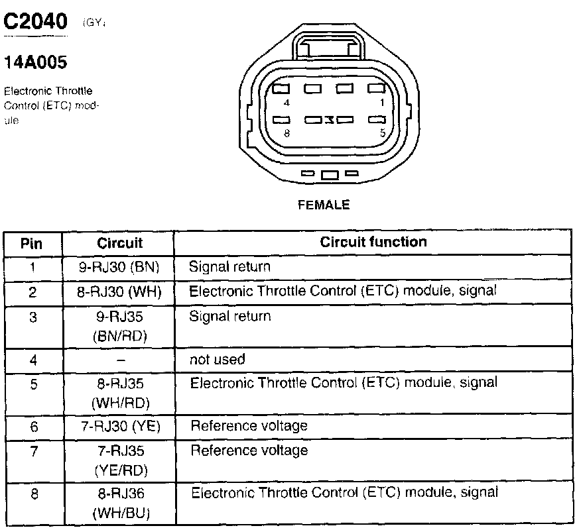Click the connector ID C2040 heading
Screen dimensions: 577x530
coord(36,22)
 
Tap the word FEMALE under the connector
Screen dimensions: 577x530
coord(324,205)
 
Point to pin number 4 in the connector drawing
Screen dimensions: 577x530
coord(286,103)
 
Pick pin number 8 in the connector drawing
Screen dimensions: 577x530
coord(286,132)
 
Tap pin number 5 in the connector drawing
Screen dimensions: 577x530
coord(383,132)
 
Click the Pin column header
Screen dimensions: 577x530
coord(32,243)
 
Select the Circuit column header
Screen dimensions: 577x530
coord(119,243)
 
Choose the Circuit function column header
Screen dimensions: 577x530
coord(373,242)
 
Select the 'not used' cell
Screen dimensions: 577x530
coord(218,360)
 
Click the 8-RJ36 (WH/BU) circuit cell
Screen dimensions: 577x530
coord(119,503)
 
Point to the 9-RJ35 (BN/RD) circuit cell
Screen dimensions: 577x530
coord(119,326)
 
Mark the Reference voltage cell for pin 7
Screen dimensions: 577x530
coord(249,451)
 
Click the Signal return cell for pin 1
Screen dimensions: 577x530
coord(230,268)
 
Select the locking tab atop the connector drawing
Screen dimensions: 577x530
coord(325,46)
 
